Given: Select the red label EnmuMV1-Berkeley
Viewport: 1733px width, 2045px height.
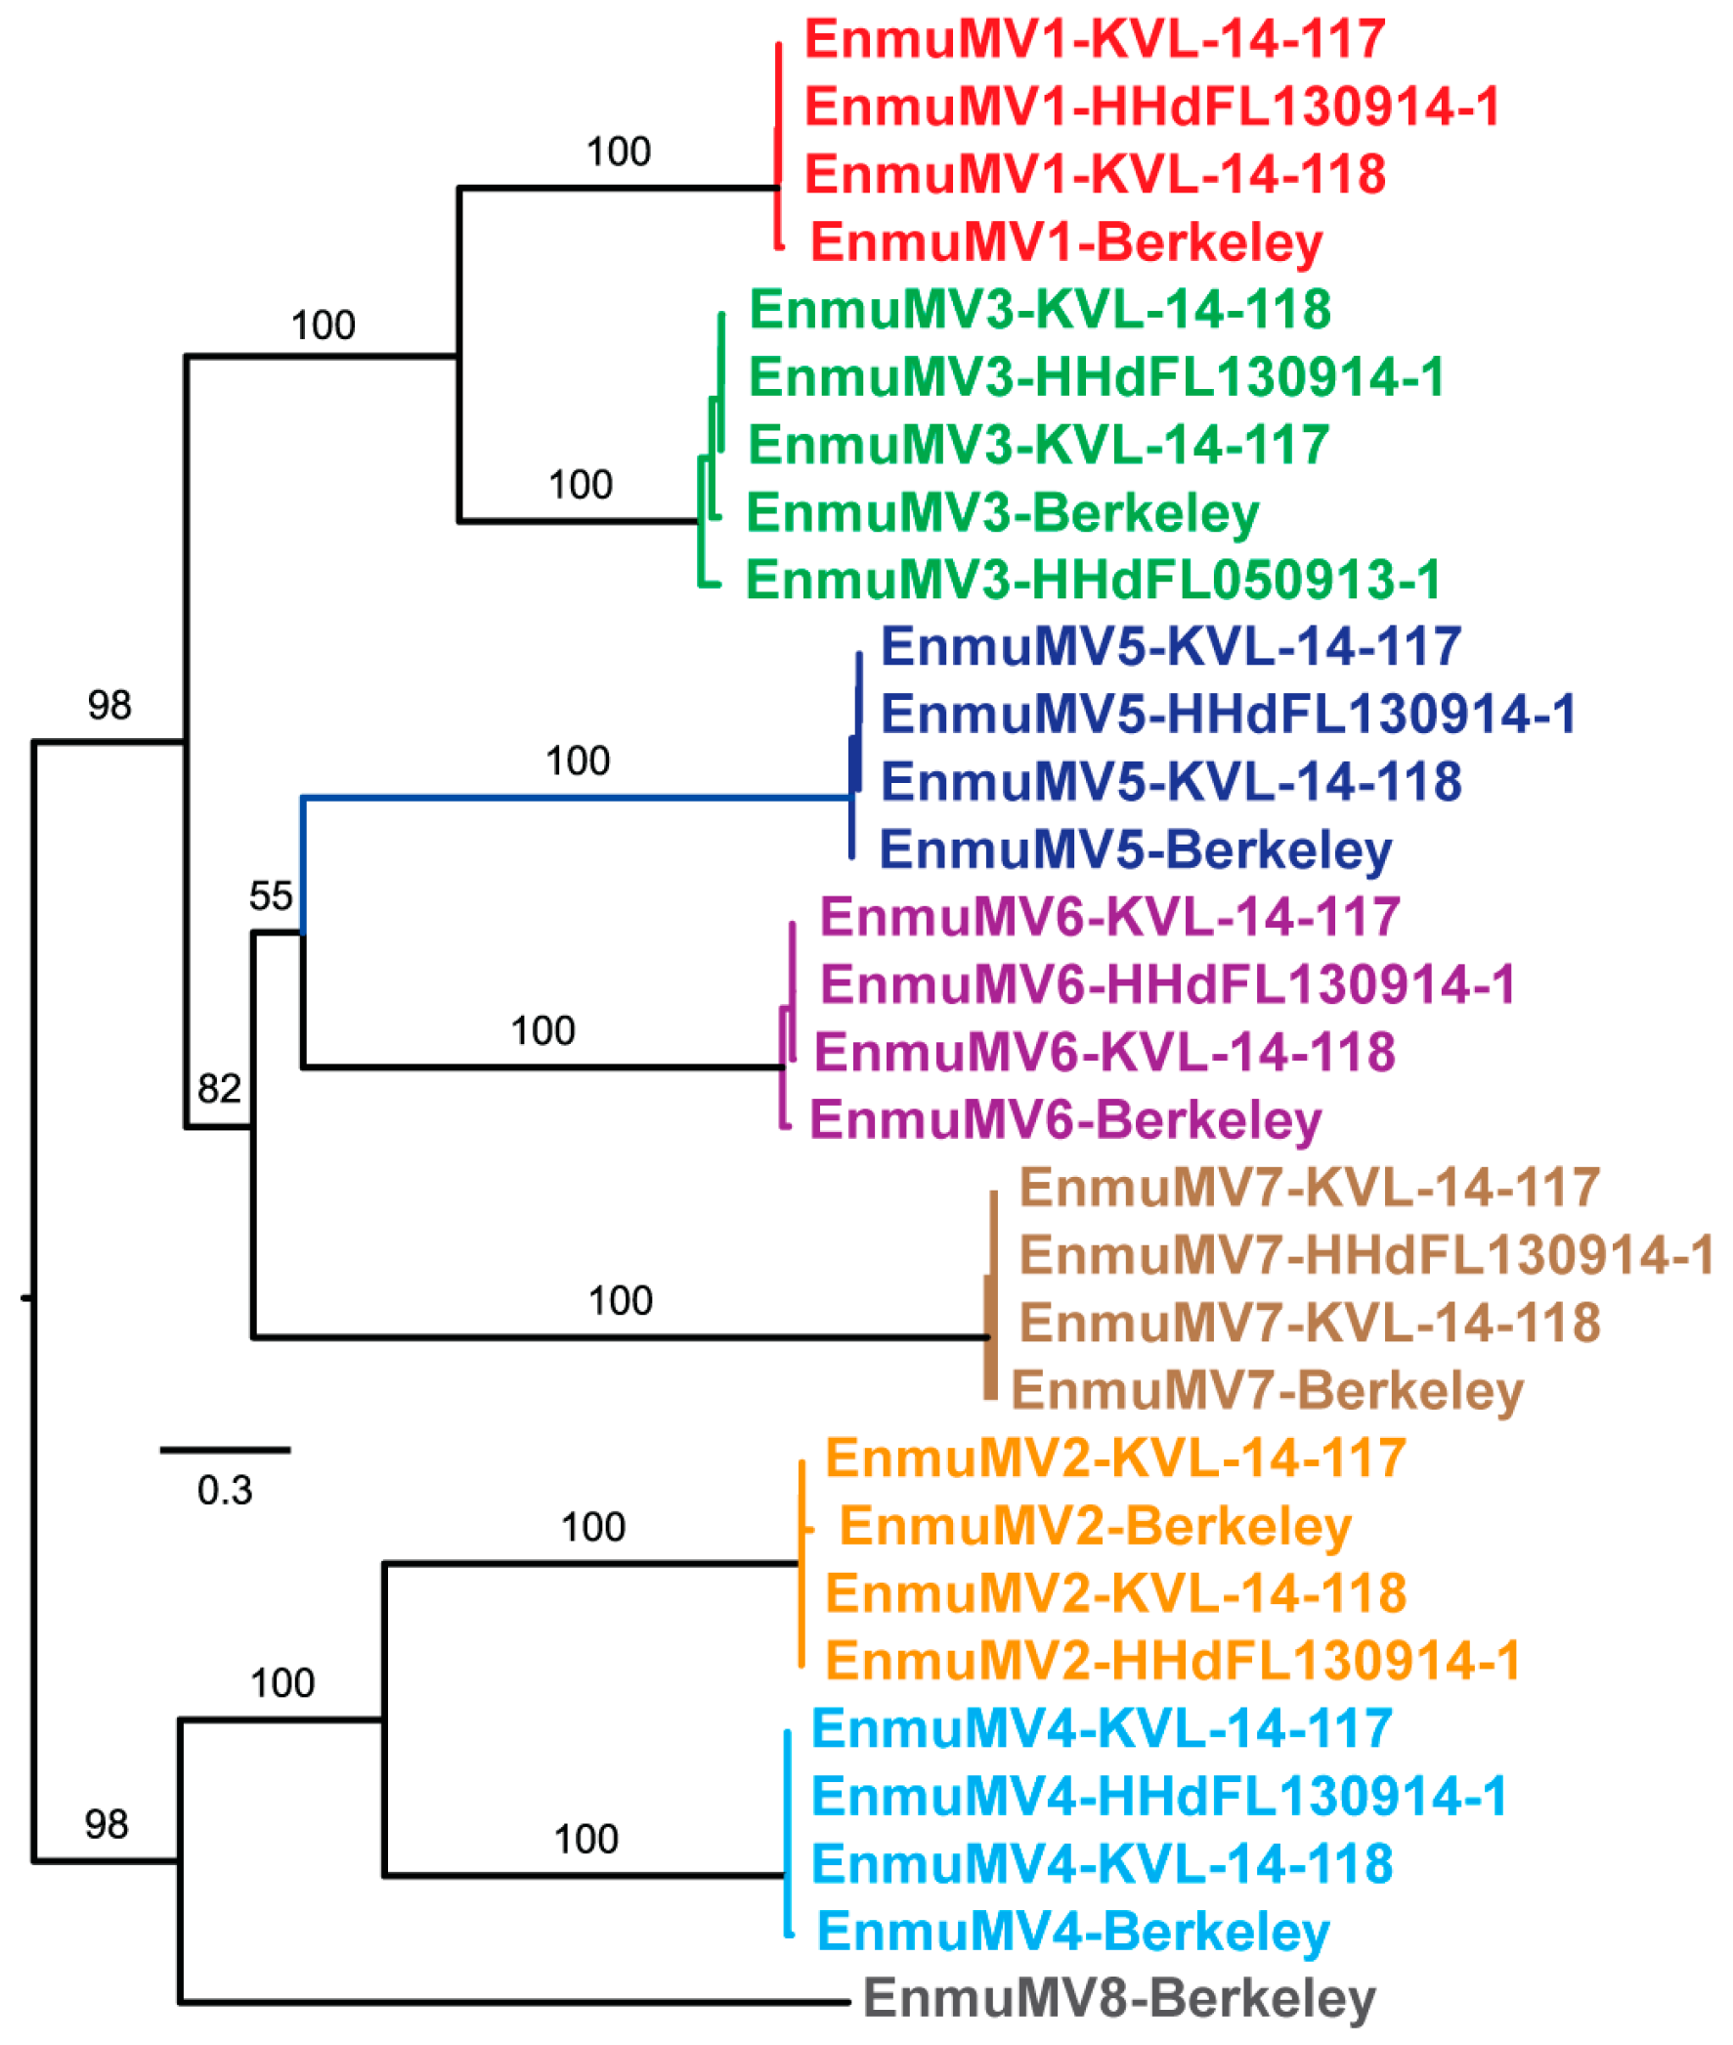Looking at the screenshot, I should pos(1066,241).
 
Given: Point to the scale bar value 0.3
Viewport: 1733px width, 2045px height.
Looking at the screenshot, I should pos(224,1490).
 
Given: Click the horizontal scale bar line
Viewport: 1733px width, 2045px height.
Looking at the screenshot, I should pos(225,1449).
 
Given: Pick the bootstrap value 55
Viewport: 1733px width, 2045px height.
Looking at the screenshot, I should pos(270,895).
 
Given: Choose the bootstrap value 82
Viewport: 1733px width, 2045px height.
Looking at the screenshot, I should pos(218,1088).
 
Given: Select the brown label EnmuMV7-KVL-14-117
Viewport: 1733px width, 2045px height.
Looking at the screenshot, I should pos(1309,1187).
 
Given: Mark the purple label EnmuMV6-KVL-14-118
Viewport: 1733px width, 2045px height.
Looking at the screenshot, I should pos(1105,1052).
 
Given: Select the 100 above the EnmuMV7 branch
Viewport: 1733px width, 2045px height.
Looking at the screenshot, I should pos(620,1300).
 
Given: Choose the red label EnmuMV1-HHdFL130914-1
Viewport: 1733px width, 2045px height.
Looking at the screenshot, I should pos(1151,107).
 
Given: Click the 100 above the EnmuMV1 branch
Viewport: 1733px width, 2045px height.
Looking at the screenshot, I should pos(618,152).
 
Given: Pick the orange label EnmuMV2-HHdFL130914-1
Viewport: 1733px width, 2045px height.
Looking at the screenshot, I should pos(1172,1660).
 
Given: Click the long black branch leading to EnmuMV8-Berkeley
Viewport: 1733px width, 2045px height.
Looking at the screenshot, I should pos(511,2001).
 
